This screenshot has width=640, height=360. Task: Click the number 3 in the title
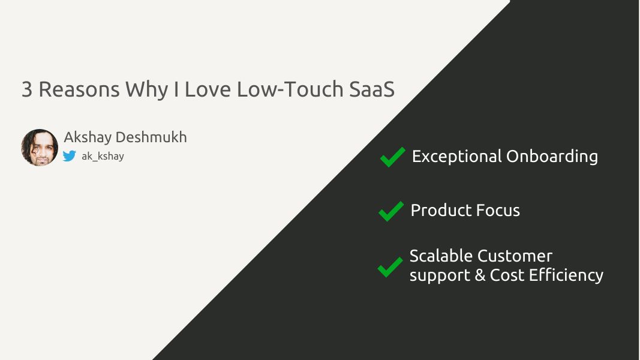tap(27, 89)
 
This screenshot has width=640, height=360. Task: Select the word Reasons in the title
tap(79, 89)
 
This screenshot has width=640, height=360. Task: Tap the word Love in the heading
tap(208, 89)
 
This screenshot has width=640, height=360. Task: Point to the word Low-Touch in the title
tap(290, 89)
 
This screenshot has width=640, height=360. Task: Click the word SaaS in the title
tap(372, 89)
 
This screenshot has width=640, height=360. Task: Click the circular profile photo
tap(40, 148)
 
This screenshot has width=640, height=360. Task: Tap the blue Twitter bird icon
tap(70, 156)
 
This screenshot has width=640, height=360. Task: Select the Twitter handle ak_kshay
tap(103, 157)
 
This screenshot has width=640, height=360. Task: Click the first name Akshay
tap(88, 137)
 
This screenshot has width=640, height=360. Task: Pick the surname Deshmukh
tap(151, 137)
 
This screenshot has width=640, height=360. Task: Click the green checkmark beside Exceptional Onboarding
tap(393, 157)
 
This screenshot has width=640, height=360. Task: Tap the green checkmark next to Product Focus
tap(391, 211)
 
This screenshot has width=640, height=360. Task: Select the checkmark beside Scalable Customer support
tap(390, 267)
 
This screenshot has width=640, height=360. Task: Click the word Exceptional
tap(456, 157)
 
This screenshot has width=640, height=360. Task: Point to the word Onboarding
tap(552, 157)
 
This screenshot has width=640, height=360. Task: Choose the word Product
tap(441, 211)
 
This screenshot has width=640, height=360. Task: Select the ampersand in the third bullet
tap(480, 275)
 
